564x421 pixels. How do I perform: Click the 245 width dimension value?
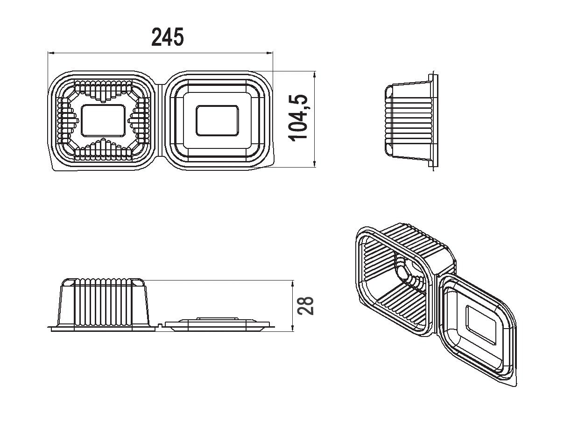[x=168, y=37]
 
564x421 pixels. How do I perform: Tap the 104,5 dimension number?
[x=298, y=118]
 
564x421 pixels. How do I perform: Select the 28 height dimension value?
[x=305, y=306]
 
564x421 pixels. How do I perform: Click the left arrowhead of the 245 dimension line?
[x=51, y=53]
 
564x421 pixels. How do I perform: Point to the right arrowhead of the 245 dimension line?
[x=269, y=53]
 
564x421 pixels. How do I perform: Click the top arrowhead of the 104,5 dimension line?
[x=315, y=75]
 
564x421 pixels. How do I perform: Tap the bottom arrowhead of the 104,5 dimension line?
[x=315, y=164]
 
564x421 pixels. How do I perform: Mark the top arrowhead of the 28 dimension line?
[x=292, y=284]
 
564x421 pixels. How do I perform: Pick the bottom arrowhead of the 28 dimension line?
[x=292, y=328]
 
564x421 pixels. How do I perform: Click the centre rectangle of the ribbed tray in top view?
[x=103, y=120]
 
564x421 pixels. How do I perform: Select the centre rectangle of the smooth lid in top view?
[x=217, y=120]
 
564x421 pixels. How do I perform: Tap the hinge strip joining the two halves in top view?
[x=160, y=120]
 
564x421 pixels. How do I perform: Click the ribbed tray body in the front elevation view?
[x=103, y=302]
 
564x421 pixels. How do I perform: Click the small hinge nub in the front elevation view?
[x=160, y=325]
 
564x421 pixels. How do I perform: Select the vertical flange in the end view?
[x=433, y=120]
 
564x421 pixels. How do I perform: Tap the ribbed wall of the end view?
[x=409, y=120]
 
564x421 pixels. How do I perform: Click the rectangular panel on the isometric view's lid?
[x=481, y=325]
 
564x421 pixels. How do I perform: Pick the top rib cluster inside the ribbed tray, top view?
[x=103, y=91]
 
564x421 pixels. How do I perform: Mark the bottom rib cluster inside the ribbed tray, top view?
[x=103, y=150]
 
